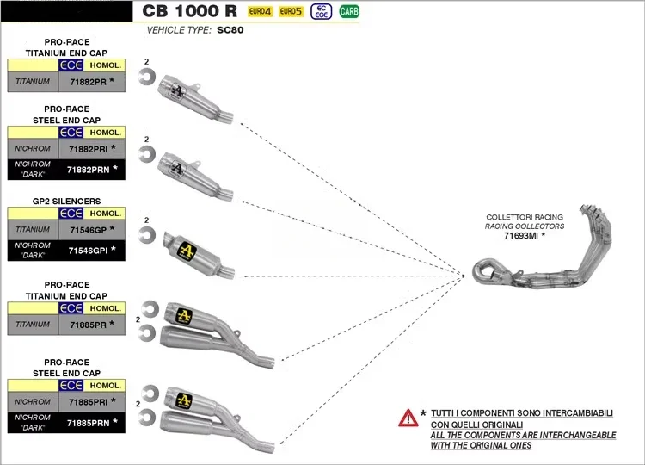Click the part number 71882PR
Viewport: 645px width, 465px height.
(x=86, y=82)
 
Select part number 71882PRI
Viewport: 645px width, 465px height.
(x=86, y=148)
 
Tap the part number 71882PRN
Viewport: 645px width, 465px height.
(x=86, y=169)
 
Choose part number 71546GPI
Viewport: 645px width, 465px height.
(x=86, y=251)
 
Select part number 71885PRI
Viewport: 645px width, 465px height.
(x=86, y=402)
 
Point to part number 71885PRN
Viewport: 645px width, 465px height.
(x=86, y=423)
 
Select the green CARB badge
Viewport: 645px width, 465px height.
(x=349, y=11)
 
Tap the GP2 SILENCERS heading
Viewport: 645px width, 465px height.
(x=67, y=201)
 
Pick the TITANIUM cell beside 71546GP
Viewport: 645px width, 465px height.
(x=33, y=230)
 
